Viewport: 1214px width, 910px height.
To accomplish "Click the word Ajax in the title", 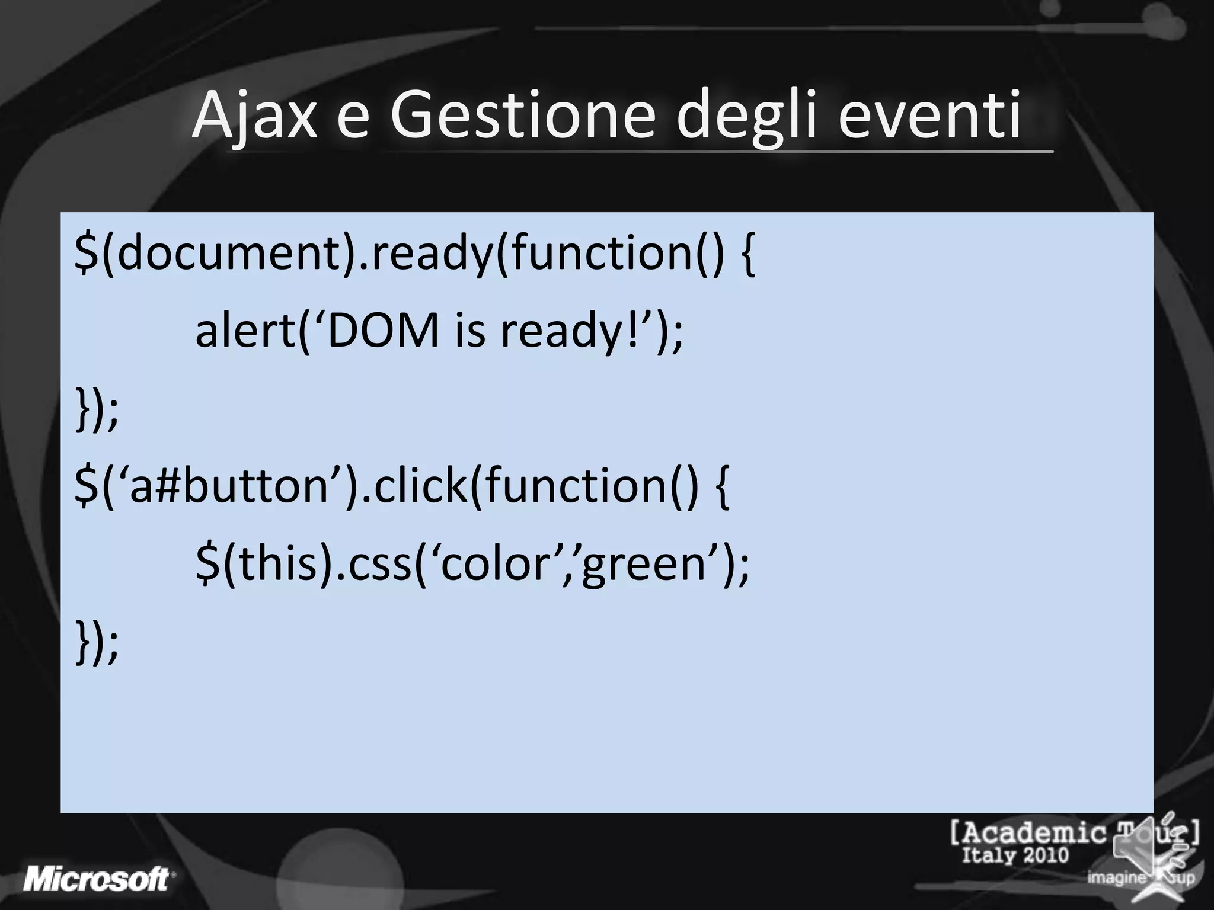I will point(255,116).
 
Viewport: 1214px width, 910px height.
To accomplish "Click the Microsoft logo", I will point(98,879).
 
